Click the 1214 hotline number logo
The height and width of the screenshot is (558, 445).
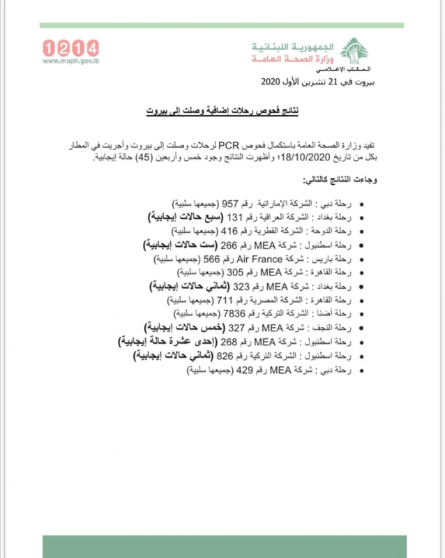(x=70, y=48)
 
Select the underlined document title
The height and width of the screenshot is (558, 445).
(x=221, y=110)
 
